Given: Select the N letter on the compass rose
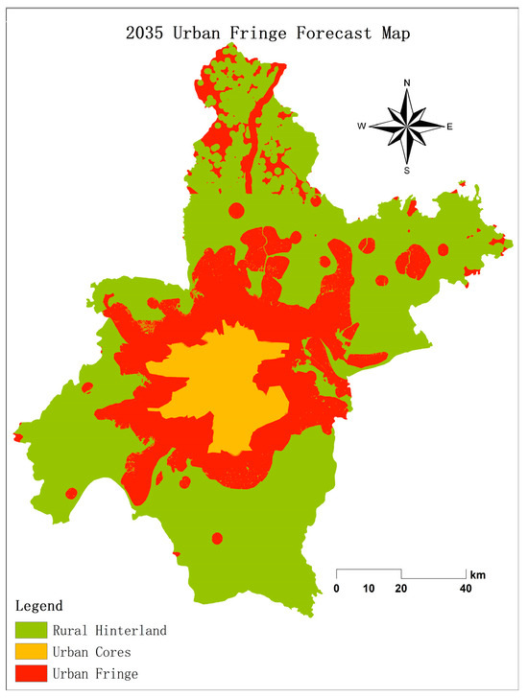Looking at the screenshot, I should [407, 83].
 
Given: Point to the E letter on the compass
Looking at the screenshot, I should [450, 127].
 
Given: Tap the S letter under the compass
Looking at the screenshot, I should [407, 171].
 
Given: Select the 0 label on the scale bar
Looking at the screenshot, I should [337, 588].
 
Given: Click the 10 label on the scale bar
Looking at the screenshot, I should [369, 588].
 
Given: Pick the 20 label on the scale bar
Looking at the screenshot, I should [401, 588].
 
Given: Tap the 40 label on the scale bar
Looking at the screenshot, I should [466, 588].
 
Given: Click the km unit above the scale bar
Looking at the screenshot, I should [478, 575].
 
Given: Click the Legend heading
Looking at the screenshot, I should [39, 606].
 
